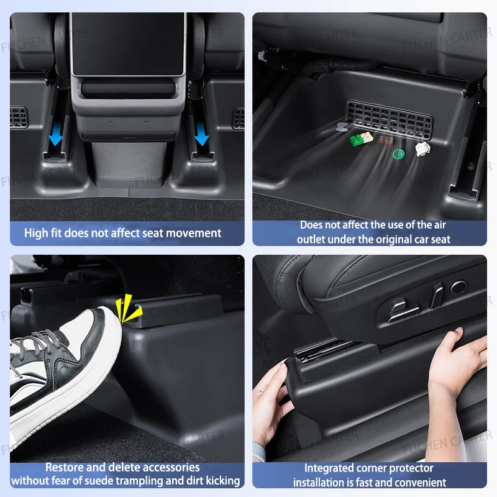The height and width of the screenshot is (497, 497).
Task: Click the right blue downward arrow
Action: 201,134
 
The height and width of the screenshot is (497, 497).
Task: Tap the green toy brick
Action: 356,140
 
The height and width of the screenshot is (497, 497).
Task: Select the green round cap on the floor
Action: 398,154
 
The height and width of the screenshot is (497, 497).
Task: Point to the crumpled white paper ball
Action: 423,148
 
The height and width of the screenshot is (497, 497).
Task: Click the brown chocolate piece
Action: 385,140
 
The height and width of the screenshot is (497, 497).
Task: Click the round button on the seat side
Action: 458,287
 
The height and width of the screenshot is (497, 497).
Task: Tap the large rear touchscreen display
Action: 128,44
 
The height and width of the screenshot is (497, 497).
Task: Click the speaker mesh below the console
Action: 129,161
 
